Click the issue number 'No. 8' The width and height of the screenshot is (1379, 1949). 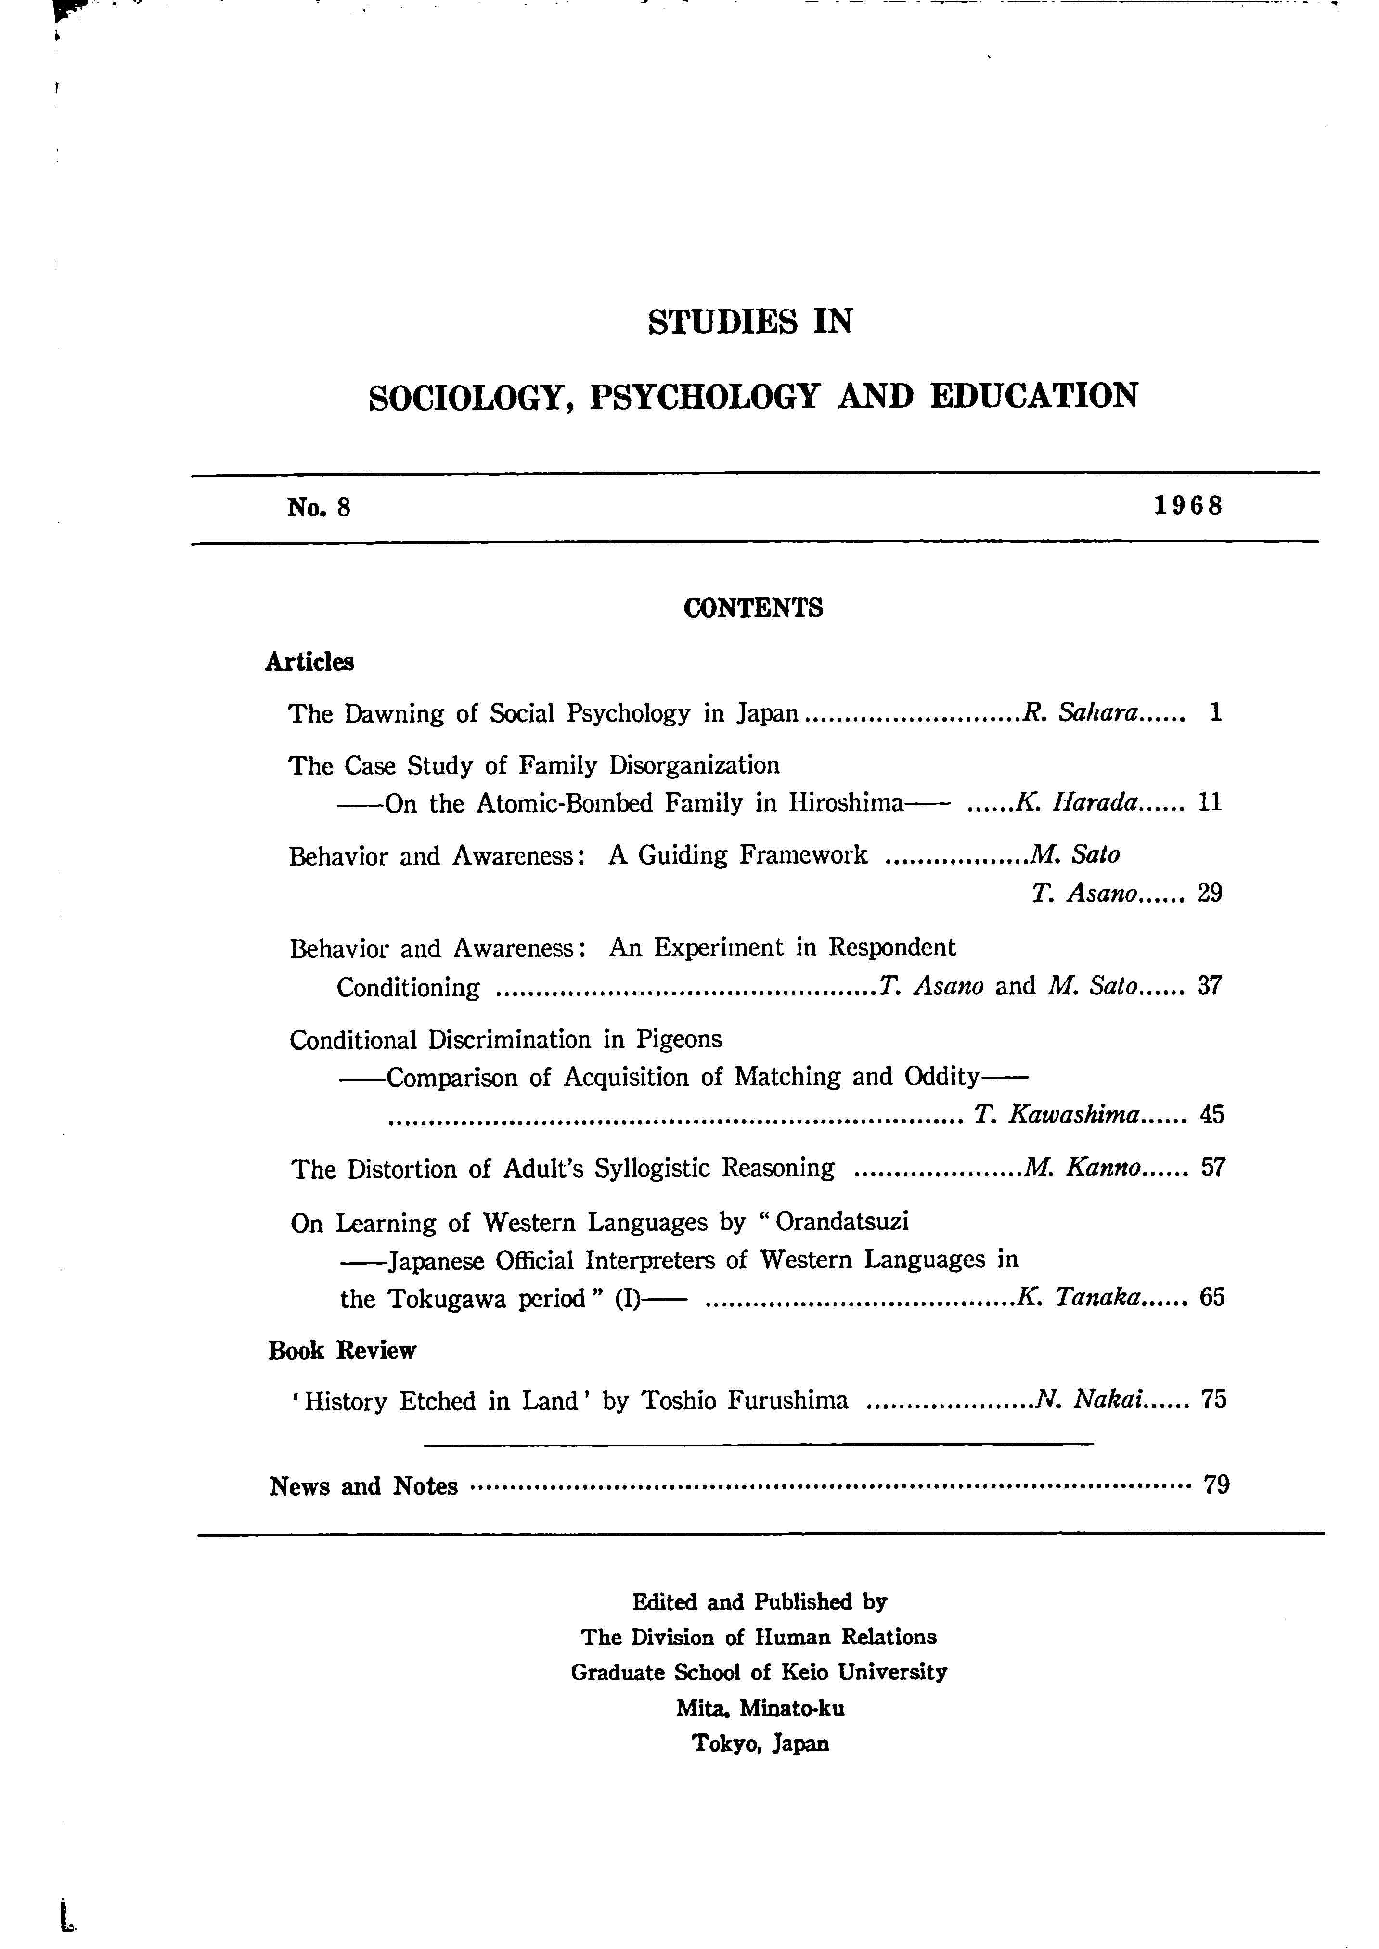pos(319,508)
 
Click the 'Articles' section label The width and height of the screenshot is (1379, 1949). pos(309,661)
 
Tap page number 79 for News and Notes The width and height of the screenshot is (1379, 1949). pos(1216,1485)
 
